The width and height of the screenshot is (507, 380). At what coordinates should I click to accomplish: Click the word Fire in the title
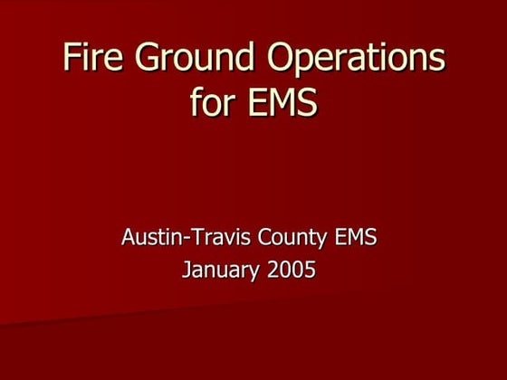tap(91, 57)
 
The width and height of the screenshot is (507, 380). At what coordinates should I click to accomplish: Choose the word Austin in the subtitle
tap(149, 239)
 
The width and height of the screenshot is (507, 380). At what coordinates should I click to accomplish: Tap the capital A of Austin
tap(128, 239)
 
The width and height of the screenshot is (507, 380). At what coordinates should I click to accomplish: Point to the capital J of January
tap(187, 269)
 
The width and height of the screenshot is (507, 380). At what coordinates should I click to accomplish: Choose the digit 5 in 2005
tap(310, 269)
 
